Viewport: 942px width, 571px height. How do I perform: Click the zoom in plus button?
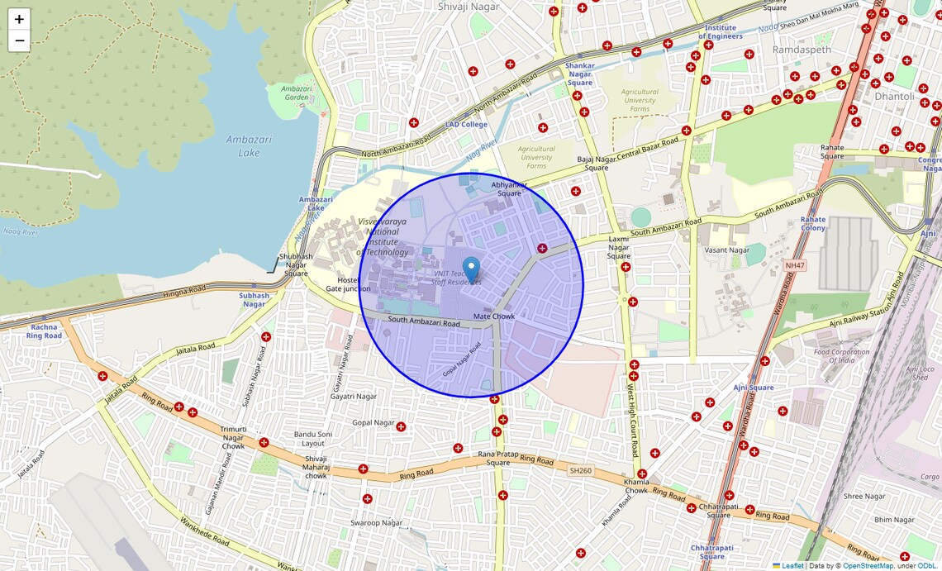pyautogui.click(x=19, y=19)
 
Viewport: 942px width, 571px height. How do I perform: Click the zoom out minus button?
pyautogui.click(x=19, y=40)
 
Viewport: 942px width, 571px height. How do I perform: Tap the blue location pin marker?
pyautogui.click(x=471, y=270)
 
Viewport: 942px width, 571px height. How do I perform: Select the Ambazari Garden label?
pyautogui.click(x=296, y=93)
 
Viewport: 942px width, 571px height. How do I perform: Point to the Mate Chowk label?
pyautogui.click(x=493, y=316)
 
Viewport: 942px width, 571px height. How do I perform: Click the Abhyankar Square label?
pyautogui.click(x=509, y=188)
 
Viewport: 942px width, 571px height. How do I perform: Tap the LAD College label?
pyautogui.click(x=466, y=125)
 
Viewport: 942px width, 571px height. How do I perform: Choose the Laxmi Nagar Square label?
pyautogui.click(x=619, y=247)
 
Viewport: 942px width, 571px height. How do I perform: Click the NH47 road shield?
pyautogui.click(x=795, y=265)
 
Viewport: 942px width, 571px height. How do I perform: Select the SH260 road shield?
pyautogui.click(x=580, y=470)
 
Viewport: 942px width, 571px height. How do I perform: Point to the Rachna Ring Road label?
pyautogui.click(x=44, y=331)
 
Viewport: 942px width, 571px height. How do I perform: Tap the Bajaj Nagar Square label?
pyautogui.click(x=597, y=163)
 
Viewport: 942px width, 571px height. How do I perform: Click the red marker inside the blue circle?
pyautogui.click(x=542, y=248)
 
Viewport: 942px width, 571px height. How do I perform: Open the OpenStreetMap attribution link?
pyautogui.click(x=867, y=566)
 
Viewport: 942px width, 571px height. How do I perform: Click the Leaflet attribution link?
pyautogui.click(x=792, y=566)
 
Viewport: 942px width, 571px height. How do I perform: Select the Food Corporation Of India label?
pyautogui.click(x=841, y=356)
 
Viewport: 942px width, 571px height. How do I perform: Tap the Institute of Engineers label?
pyautogui.click(x=721, y=31)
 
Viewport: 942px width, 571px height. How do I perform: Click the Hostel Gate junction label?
pyautogui.click(x=348, y=284)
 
